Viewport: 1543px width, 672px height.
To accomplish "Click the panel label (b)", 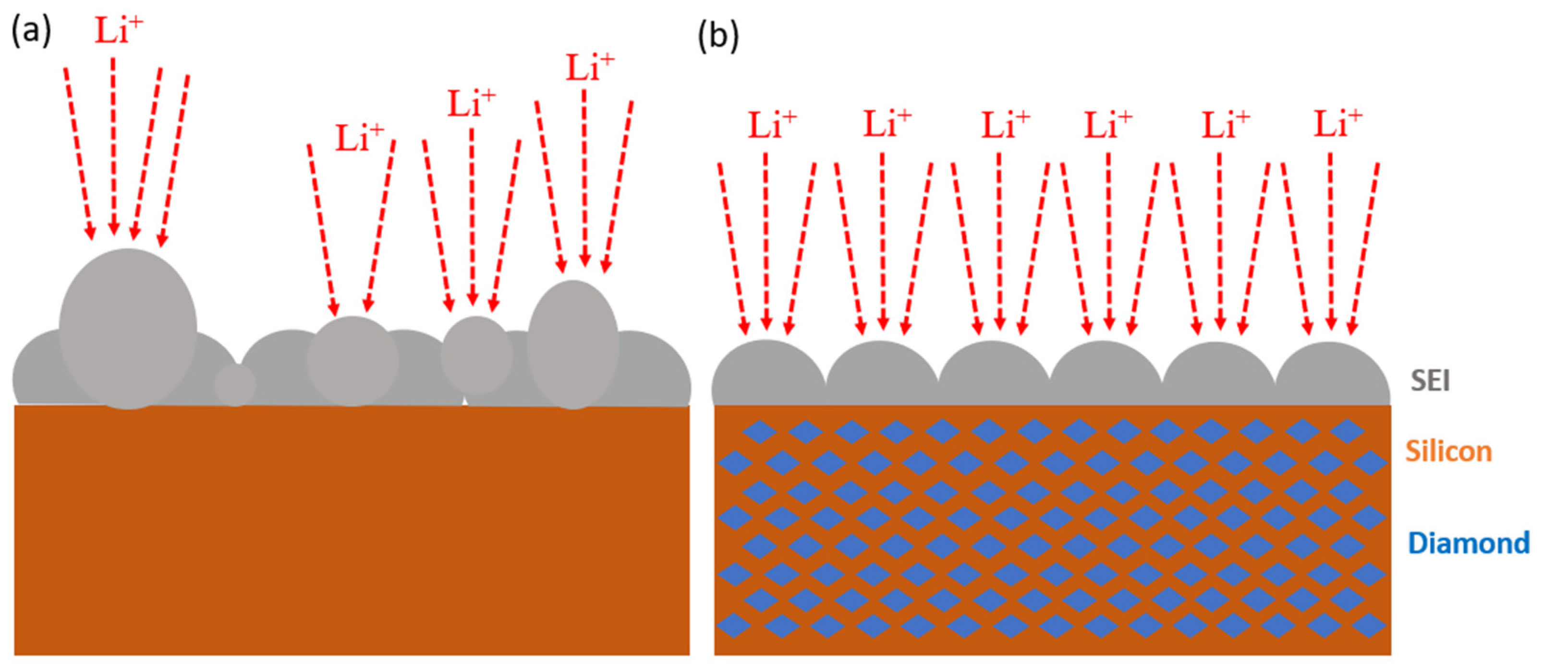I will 718,36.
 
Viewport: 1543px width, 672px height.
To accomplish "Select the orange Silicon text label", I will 1448,451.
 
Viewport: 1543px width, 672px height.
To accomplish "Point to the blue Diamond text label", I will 1468,543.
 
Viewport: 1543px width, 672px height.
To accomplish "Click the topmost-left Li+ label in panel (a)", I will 119,30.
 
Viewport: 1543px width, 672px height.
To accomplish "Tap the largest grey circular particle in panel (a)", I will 128,329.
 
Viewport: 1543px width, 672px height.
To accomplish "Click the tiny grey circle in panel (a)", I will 235,385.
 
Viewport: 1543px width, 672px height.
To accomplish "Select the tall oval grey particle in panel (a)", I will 572,344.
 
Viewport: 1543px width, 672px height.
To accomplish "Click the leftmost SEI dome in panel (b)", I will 768,374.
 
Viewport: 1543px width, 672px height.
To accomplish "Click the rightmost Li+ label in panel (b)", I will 1337,124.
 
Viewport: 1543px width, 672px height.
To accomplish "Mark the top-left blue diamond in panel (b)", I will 760,431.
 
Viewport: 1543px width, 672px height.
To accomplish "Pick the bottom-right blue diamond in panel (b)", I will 1369,626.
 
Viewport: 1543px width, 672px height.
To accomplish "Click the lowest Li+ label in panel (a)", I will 359,138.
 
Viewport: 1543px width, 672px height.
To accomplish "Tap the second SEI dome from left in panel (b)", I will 882,375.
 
